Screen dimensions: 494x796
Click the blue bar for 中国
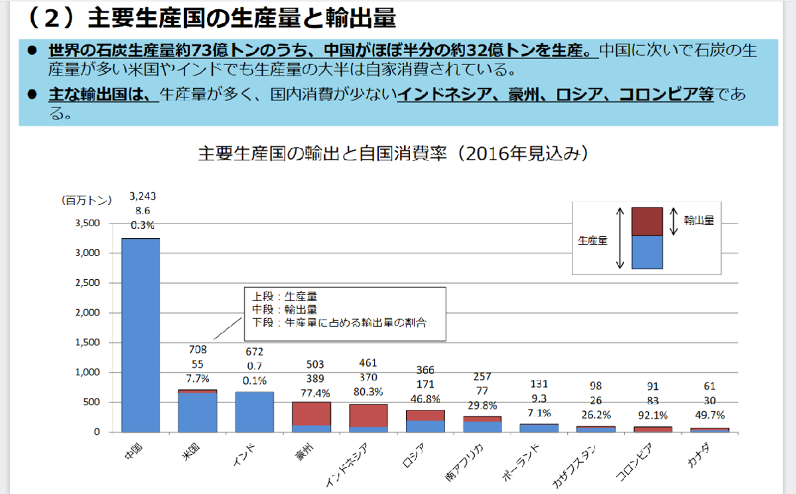click(x=141, y=335)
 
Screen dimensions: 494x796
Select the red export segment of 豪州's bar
click(x=312, y=414)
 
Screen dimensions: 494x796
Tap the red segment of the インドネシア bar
click(x=368, y=416)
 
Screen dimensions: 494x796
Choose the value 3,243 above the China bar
click(x=143, y=196)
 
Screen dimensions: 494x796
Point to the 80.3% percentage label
click(x=368, y=391)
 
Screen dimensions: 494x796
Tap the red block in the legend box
click(x=647, y=221)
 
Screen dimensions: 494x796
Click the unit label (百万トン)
click(x=86, y=199)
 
